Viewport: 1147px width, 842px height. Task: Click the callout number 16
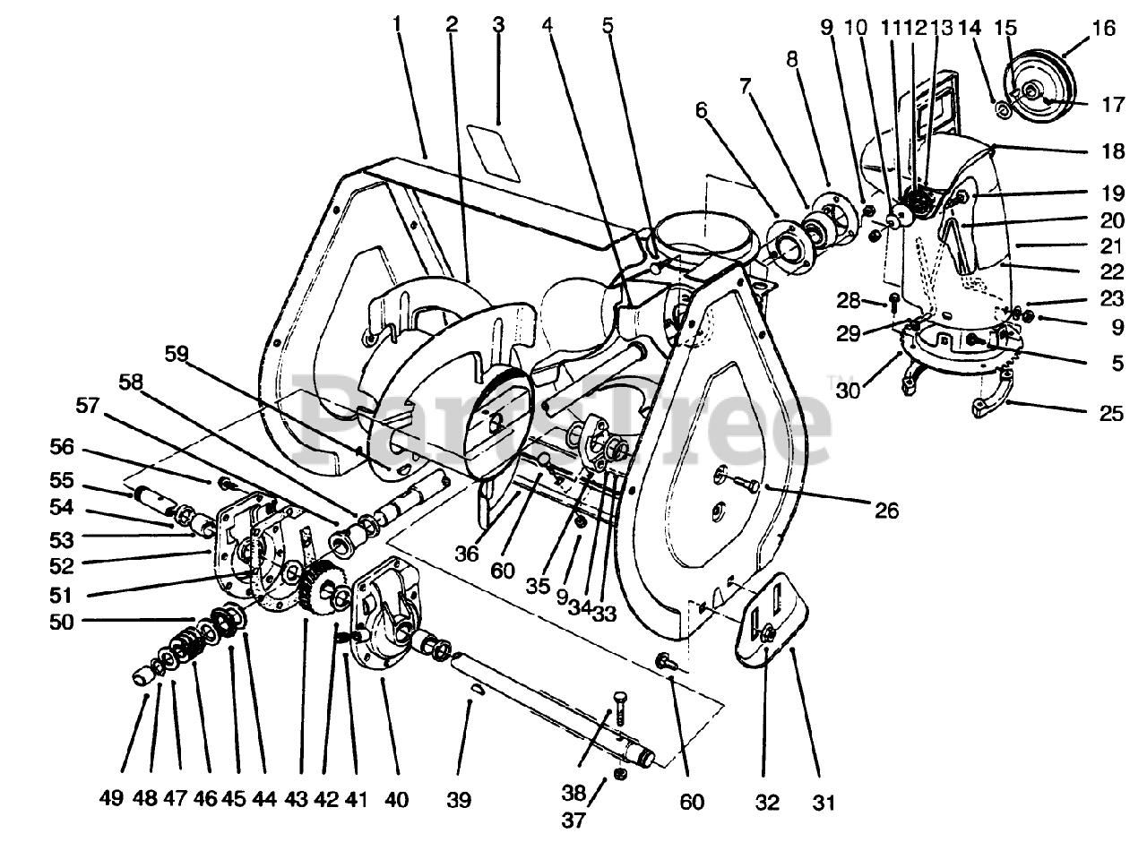pos(1104,30)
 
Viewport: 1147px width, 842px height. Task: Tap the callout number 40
pos(395,799)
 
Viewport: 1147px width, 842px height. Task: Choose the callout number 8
pos(792,62)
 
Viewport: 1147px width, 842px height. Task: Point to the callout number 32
pos(767,803)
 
